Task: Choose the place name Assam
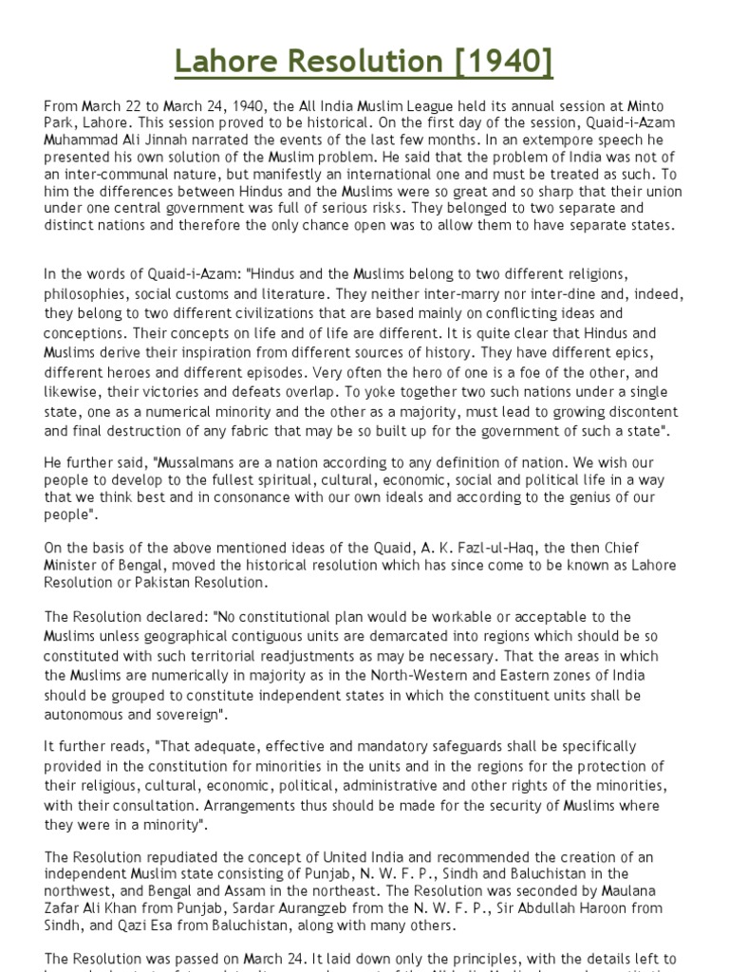coord(257,890)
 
